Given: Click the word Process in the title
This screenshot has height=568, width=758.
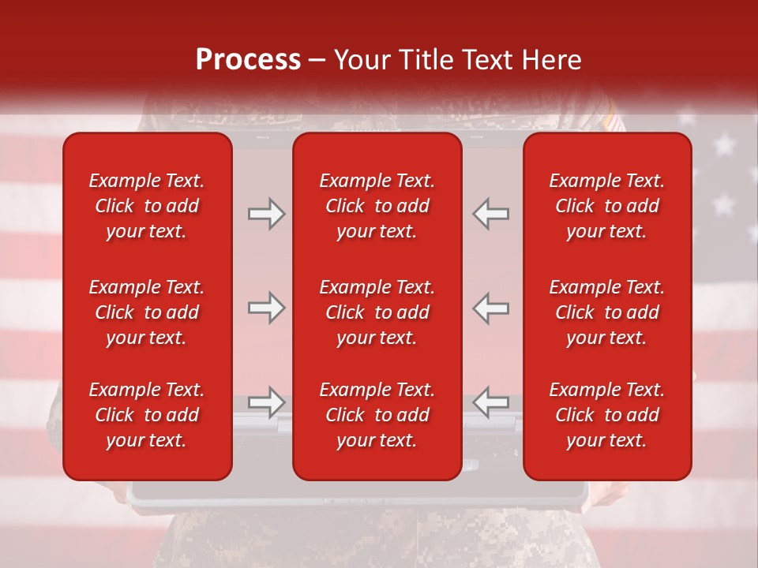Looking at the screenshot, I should tap(248, 60).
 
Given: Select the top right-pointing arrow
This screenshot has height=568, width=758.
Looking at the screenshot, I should tap(266, 213).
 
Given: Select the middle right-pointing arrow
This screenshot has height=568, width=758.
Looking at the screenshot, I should tap(266, 308).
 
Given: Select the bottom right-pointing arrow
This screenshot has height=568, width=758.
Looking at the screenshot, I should tap(266, 402).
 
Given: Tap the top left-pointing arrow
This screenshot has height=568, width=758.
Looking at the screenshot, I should tap(490, 213).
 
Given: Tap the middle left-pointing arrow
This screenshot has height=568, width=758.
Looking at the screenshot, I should tap(490, 308).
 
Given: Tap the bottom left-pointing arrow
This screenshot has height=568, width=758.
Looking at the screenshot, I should tap(490, 402).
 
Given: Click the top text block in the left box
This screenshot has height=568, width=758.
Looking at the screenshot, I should tap(147, 206).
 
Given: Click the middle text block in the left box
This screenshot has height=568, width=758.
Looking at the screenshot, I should tap(147, 312).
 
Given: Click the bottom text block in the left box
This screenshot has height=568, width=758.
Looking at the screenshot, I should tap(147, 415).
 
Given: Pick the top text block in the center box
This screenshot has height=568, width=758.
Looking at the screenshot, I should tap(377, 206).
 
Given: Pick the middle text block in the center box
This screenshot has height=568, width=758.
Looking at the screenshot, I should tap(377, 312).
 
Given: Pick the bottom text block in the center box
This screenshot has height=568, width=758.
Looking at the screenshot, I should tap(377, 415).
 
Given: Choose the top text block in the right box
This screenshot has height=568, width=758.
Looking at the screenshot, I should tap(606, 206).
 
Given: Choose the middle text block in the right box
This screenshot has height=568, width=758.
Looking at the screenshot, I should tap(606, 312).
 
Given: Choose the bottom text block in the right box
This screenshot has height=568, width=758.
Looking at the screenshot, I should tap(606, 415).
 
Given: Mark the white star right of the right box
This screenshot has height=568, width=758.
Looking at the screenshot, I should tap(723, 144).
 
